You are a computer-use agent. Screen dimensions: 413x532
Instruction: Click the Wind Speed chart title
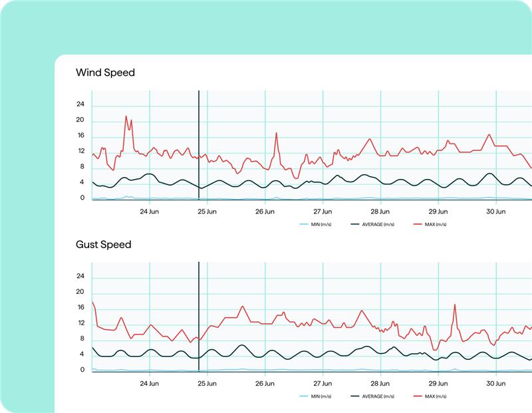105,72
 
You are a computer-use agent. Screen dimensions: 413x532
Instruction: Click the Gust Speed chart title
103,245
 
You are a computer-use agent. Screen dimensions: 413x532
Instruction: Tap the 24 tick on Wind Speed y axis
80,104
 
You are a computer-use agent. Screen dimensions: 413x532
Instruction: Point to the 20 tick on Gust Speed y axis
80,292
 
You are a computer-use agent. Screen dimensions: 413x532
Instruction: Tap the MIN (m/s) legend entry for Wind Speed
317,225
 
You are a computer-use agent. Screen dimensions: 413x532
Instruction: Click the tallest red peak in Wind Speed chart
126,116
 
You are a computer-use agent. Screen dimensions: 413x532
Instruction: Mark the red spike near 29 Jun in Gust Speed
455,305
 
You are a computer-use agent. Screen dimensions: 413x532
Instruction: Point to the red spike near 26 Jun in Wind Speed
277,134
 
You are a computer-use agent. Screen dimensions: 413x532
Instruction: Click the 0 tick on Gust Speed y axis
82,370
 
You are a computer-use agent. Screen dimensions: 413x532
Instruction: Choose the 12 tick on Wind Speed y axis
80,151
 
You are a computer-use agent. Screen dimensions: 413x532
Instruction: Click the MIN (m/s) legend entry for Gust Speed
317,396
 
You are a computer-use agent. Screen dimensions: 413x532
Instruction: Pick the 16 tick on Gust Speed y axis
80,307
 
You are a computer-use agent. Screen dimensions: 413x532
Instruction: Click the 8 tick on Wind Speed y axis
82,167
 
